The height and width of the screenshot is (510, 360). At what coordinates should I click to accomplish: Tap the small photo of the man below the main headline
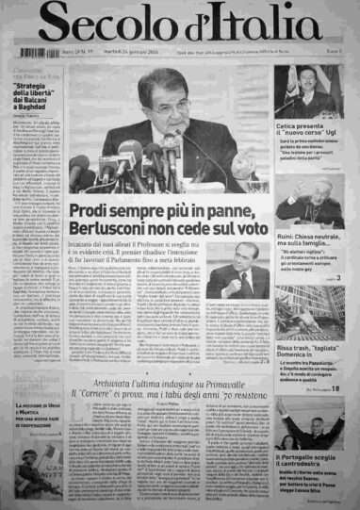point(234,280)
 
